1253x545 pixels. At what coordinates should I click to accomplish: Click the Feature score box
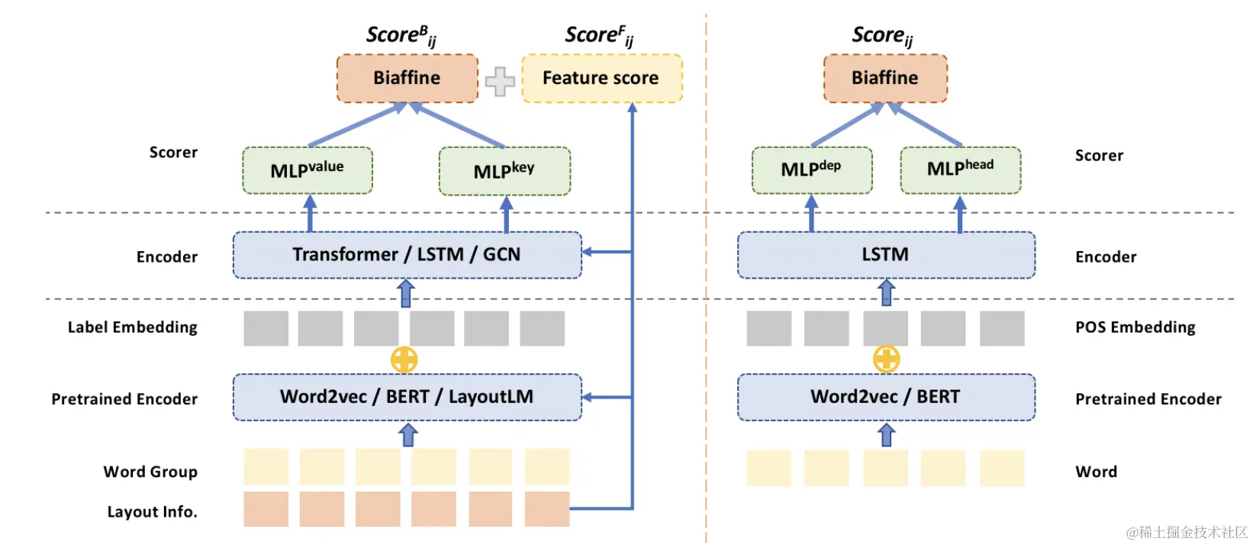coord(601,78)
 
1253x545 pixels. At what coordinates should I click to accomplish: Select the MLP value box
coord(308,170)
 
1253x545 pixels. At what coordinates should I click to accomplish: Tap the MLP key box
coord(504,171)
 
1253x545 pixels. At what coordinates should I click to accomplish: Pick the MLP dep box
coord(811,169)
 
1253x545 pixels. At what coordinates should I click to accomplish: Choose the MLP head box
coord(960,169)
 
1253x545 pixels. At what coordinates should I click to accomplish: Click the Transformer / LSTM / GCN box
coord(407,255)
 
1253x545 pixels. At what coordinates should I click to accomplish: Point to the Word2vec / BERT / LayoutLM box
coord(407,397)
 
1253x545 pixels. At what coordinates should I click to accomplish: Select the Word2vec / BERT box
coord(885,397)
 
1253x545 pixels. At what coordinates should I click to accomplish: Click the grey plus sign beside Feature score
coord(500,82)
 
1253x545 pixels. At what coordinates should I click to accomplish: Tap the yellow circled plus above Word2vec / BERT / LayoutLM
coord(404,360)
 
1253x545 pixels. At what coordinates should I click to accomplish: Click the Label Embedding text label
coord(133,327)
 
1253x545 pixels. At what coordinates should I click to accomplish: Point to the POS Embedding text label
coord(1135,327)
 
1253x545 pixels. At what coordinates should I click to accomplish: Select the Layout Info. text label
coord(152,511)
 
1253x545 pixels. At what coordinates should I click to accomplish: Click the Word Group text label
coord(150,472)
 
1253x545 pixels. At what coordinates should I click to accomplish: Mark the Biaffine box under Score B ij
coord(407,78)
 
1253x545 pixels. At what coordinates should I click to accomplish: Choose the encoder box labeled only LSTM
coord(885,255)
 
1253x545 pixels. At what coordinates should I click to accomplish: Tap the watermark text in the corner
coord(1187,532)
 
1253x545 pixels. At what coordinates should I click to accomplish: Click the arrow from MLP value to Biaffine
coord(356,125)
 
